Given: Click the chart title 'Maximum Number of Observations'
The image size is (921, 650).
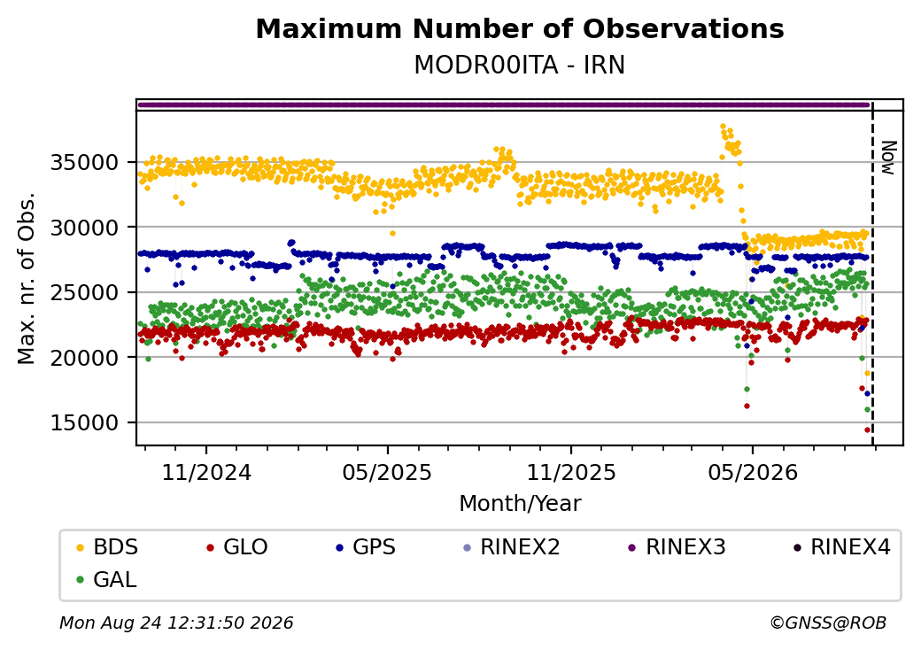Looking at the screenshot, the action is [520, 28].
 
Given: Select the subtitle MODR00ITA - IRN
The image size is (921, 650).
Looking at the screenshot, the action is [520, 65].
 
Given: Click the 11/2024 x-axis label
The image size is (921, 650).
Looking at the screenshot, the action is [206, 473].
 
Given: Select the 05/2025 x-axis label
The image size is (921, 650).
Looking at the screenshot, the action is [387, 473].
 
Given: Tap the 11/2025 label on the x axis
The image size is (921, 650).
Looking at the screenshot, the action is [571, 473].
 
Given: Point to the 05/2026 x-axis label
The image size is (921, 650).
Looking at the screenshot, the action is [753, 473].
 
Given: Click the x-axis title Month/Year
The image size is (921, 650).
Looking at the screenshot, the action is [520, 504].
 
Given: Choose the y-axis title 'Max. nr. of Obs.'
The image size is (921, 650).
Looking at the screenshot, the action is [27, 278].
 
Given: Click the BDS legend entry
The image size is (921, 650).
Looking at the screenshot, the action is [107, 547].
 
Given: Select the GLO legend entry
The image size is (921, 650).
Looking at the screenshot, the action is [237, 547].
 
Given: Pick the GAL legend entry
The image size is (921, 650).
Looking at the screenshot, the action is [107, 579].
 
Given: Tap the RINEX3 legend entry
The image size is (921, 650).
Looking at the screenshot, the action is [677, 547].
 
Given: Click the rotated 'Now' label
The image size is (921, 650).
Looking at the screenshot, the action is [888, 158].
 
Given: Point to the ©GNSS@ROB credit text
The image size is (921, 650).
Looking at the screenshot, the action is [828, 623].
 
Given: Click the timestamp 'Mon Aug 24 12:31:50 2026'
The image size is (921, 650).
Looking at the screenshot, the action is [176, 623].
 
